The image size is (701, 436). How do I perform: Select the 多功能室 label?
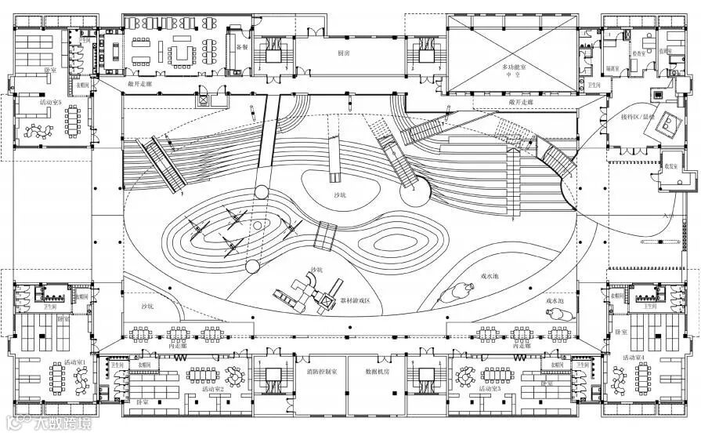[516, 67]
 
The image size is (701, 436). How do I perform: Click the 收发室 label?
[672, 165]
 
